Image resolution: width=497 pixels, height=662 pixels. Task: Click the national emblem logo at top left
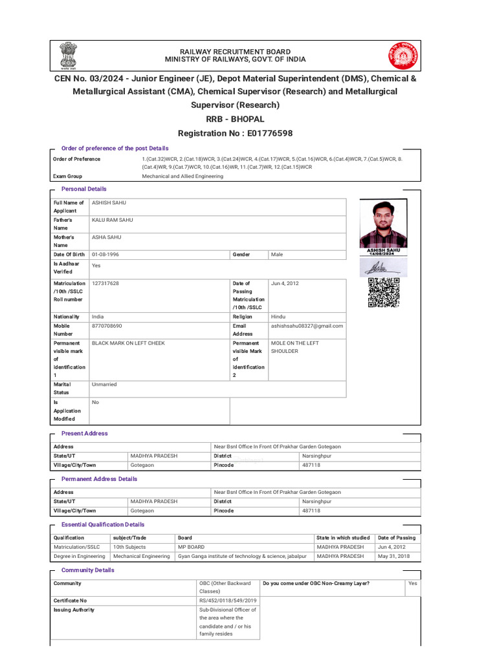point(67,56)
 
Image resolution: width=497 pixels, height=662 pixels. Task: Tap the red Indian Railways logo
point(403,56)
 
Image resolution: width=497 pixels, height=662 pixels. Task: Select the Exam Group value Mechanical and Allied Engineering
point(182,176)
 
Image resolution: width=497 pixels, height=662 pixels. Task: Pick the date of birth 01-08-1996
point(105,255)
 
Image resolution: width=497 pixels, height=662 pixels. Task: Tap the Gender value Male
point(277,255)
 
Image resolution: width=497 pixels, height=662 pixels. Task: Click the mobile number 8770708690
point(107,326)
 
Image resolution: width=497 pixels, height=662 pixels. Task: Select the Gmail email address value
point(307,326)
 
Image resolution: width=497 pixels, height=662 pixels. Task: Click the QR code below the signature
point(384,292)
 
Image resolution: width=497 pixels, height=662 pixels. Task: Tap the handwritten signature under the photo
point(383,267)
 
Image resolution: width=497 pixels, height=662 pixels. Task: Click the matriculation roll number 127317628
point(105,283)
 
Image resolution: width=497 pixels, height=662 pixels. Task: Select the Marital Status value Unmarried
point(104,384)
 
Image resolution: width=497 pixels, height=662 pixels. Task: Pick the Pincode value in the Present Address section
point(311,465)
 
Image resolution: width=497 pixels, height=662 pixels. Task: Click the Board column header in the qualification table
point(184,538)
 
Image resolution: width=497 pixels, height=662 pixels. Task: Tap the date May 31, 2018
point(393,556)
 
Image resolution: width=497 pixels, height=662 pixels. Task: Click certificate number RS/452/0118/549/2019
point(228,601)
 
